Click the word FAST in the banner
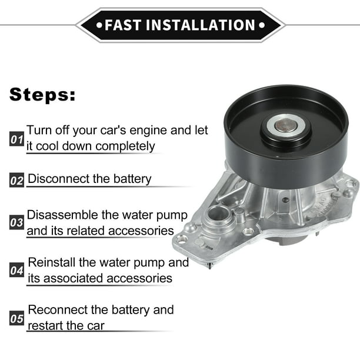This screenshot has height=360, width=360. (x=122, y=25)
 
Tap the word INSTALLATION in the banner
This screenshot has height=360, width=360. (x=200, y=25)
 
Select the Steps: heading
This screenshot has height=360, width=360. (x=42, y=94)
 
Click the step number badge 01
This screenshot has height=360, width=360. (x=16, y=140)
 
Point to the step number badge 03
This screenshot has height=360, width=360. (x=16, y=224)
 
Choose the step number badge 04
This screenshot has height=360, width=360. (x=16, y=271)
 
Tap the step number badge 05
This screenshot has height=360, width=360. (x=16, y=319)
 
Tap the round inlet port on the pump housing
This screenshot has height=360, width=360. (x=218, y=214)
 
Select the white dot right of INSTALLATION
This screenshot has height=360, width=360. (x=260, y=25)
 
